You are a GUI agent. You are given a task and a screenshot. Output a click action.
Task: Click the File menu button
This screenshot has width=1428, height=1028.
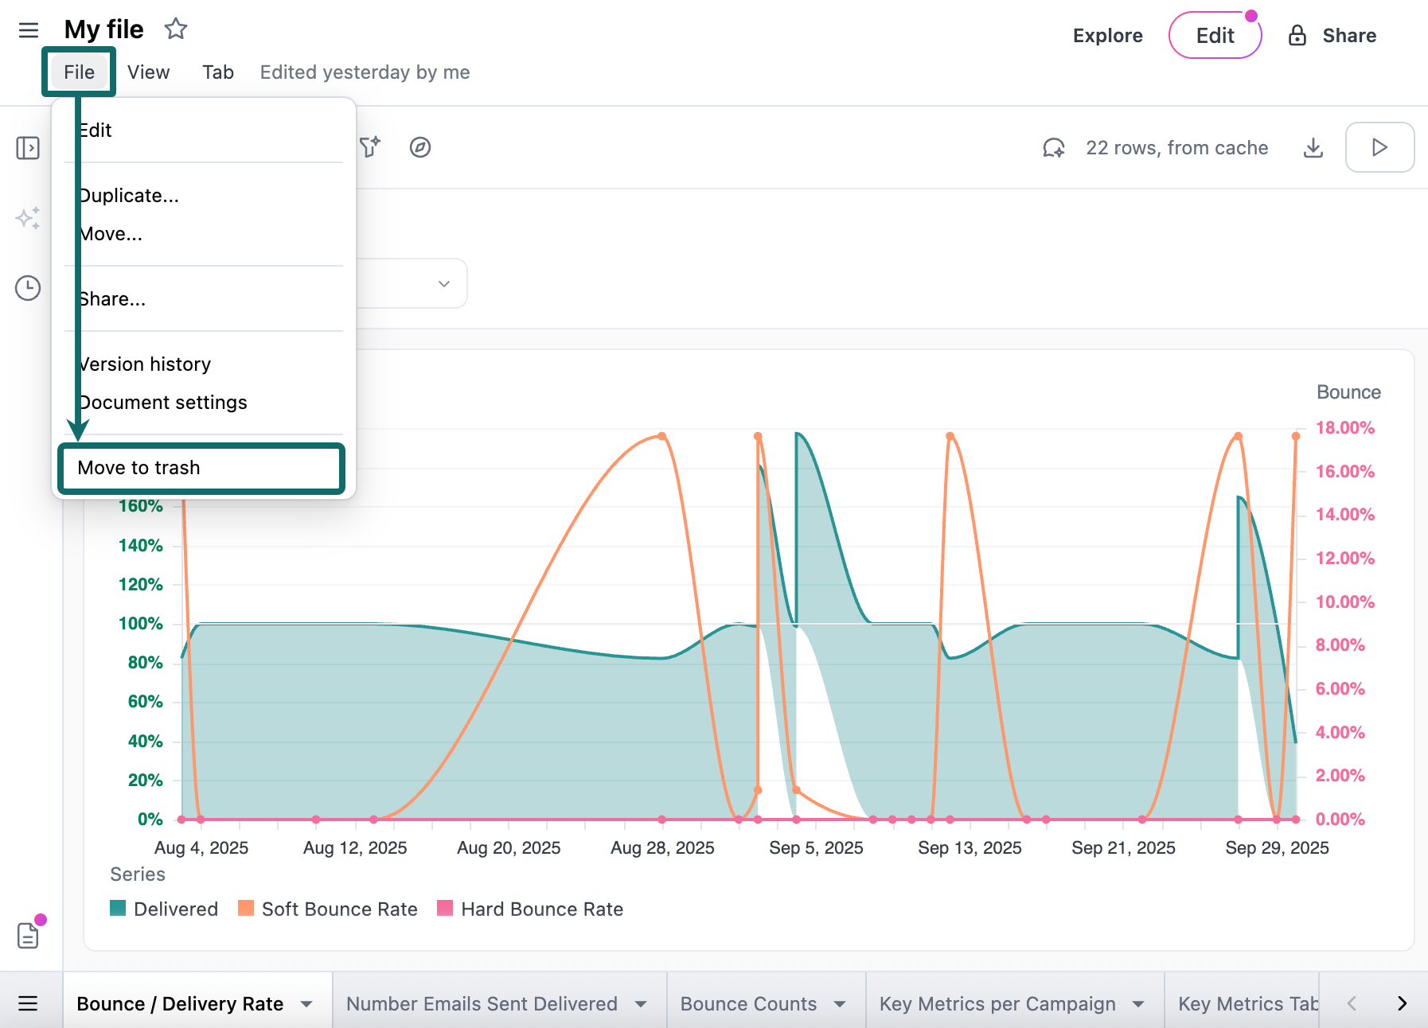tap(79, 72)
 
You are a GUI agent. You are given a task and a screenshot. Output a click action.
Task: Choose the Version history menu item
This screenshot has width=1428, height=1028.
tap(145, 364)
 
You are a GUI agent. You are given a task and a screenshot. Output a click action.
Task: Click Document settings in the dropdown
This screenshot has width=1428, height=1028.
tap(163, 403)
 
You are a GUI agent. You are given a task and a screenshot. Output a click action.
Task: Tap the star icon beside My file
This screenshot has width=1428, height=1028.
tap(176, 29)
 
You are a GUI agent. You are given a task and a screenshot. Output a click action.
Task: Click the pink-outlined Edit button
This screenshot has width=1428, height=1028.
tap(1215, 36)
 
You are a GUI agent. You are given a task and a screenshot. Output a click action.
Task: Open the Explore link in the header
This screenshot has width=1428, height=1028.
tap(1107, 36)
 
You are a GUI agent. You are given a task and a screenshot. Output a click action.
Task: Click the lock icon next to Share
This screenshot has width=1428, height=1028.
tap(1297, 36)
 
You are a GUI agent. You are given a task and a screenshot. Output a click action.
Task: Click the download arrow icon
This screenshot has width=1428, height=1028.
tap(1313, 148)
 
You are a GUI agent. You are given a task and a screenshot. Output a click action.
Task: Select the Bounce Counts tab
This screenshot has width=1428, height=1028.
tap(748, 1004)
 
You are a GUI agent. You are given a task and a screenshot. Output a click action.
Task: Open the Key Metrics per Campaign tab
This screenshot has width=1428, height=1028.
tap(997, 1004)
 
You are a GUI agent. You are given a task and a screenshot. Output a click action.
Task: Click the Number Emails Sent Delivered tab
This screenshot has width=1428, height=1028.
tap(482, 1004)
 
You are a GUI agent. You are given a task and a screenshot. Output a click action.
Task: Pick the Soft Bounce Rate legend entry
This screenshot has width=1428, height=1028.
tap(339, 909)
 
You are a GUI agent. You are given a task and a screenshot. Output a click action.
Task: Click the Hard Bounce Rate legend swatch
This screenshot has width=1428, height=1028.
tap(446, 909)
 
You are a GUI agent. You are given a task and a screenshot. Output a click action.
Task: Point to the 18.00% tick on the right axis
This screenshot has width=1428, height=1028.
tap(1344, 428)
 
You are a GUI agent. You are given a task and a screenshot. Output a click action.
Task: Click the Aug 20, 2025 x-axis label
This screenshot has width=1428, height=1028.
tap(509, 848)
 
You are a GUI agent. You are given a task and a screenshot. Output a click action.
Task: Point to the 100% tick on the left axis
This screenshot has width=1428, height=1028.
tap(141, 624)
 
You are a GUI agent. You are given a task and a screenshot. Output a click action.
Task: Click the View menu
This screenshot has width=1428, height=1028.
tap(148, 72)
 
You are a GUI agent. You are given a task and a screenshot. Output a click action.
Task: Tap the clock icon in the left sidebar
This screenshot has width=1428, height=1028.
tap(28, 288)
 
